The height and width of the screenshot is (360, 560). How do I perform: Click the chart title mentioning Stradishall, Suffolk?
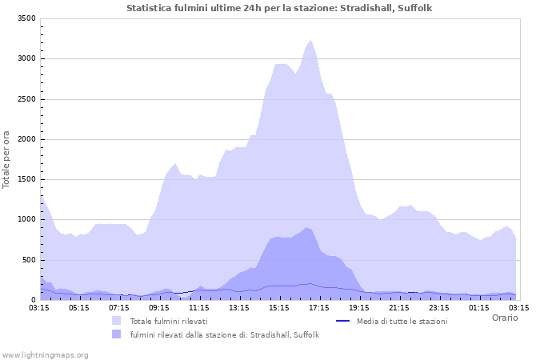tap(279, 8)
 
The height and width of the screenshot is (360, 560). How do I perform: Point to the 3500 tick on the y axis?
tap(26, 18)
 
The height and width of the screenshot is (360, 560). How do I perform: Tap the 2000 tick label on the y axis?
tap(26, 139)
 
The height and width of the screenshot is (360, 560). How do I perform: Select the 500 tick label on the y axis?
tap(29, 260)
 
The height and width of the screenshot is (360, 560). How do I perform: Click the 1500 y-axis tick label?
tap(26, 179)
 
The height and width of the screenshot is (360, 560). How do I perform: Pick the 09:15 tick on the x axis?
tap(159, 307)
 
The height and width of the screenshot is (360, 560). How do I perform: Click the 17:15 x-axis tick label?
tap(319, 307)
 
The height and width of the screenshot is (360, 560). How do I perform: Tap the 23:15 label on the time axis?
tap(439, 307)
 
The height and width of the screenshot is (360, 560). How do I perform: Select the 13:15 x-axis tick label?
tap(239, 307)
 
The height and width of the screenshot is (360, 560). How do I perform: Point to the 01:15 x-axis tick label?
tap(479, 307)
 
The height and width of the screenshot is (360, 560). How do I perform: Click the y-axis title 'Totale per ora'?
tap(7, 159)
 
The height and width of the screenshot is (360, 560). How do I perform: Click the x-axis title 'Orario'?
tap(505, 318)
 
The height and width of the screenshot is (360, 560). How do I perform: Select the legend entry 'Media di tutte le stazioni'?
tap(402, 321)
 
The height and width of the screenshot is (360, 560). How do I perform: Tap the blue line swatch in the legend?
tap(343, 321)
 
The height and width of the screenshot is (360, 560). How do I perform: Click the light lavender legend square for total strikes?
tap(117, 321)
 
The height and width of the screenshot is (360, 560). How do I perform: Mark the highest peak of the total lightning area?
tap(310, 41)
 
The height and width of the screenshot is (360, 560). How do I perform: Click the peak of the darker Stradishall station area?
tap(306, 228)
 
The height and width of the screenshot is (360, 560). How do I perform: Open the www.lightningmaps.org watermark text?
tap(45, 354)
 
